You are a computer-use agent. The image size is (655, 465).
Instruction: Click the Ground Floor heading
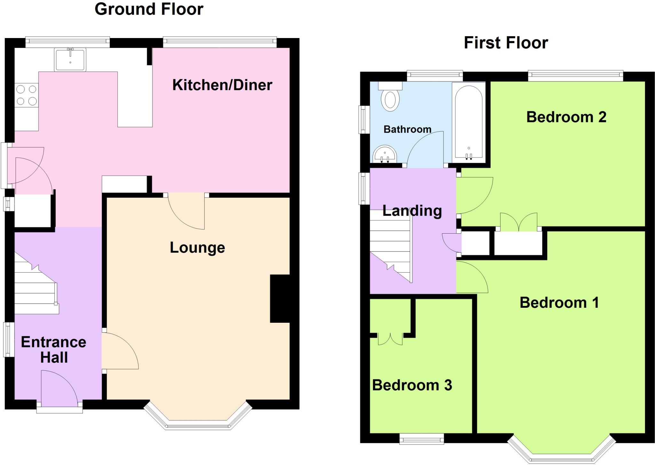pyautogui.click(x=149, y=9)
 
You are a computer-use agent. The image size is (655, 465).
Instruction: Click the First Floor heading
pyautogui.click(x=506, y=43)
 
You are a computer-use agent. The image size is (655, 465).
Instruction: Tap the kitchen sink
pyautogui.click(x=70, y=59)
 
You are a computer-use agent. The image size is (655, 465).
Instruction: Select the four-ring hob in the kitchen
pyautogui.click(x=27, y=95)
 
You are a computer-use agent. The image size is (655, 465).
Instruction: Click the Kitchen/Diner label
pyautogui.click(x=222, y=85)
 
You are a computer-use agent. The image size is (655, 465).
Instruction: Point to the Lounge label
pyautogui.click(x=197, y=248)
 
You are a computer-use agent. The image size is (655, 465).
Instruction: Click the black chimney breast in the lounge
pyautogui.click(x=280, y=298)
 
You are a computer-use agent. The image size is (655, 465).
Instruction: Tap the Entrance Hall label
pyautogui.click(x=54, y=350)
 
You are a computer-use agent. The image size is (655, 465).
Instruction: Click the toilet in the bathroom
pyautogui.click(x=390, y=97)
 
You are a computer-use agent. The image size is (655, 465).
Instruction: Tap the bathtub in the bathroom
pyautogui.click(x=469, y=121)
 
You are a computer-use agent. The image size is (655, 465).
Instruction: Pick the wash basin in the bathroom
pyautogui.click(x=385, y=154)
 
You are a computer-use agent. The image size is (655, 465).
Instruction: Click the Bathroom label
pyautogui.click(x=407, y=129)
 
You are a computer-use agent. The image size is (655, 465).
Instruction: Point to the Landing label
pyautogui.click(x=412, y=211)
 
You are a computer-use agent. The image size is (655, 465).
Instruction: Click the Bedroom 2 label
pyautogui.click(x=566, y=117)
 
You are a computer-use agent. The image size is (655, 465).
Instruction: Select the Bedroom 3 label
pyautogui.click(x=412, y=385)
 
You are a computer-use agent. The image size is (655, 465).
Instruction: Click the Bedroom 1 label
pyautogui.click(x=559, y=303)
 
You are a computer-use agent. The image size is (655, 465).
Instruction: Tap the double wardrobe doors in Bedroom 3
pyautogui.click(x=390, y=339)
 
